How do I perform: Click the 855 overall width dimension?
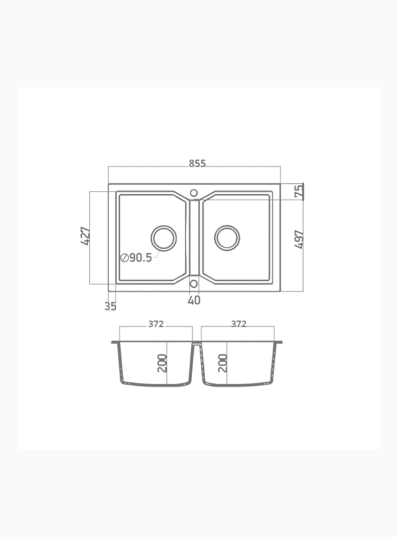point(197,163)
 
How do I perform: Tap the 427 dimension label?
point(85,236)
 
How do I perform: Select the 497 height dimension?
point(299,239)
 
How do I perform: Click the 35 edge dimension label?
point(110,306)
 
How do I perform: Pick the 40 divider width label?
point(194,301)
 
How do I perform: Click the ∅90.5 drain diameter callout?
point(137,257)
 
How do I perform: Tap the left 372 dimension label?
point(156,324)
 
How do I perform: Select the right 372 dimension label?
point(239,324)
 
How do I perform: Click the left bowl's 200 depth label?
point(162,363)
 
